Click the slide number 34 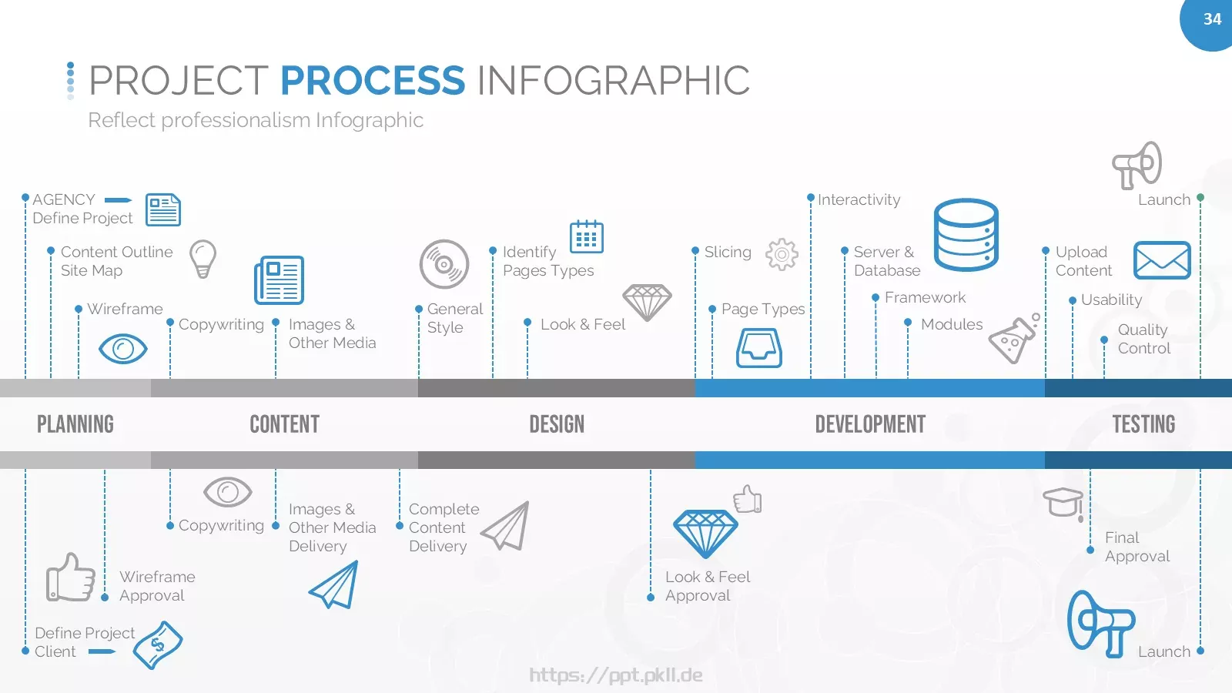tap(1212, 19)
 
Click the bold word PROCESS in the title tap(373, 80)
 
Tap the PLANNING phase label tap(75, 424)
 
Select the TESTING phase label tap(1144, 424)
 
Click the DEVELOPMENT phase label tap(870, 424)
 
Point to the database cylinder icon tap(966, 235)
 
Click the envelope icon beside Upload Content tap(1162, 260)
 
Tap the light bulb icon tap(203, 259)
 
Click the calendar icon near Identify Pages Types tap(586, 236)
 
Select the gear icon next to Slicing tap(782, 254)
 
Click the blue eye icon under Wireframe tap(123, 349)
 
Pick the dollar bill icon tap(158, 645)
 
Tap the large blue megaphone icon tap(1100, 624)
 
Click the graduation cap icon tap(1063, 503)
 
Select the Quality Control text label tap(1144, 339)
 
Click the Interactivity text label tap(859, 199)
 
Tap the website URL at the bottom tap(616, 675)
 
